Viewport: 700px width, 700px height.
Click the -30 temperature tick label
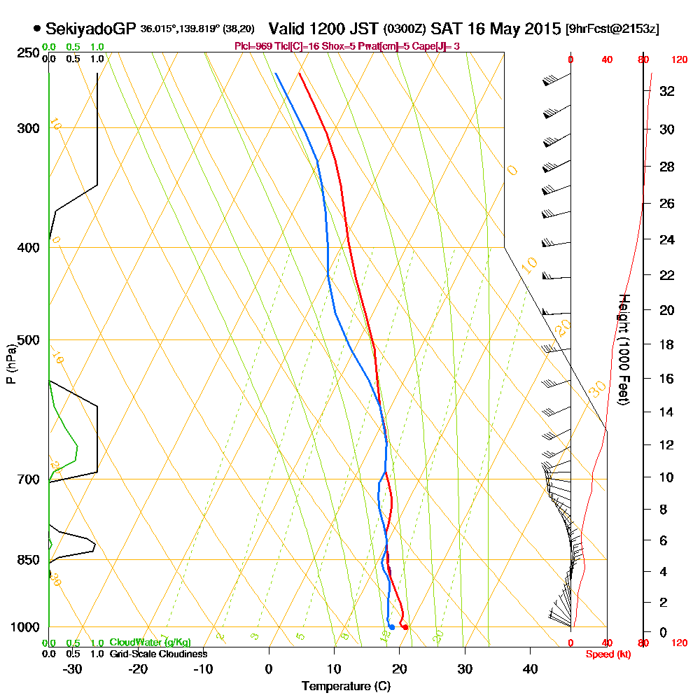coord(73,668)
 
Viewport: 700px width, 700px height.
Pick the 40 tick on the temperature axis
coord(530,668)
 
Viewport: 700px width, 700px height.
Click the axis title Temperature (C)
coord(346,687)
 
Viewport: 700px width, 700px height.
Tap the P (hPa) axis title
coord(10,364)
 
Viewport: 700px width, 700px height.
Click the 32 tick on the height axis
coord(666,91)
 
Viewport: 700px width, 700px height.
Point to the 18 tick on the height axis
coord(666,344)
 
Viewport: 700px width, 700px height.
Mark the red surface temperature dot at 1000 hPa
coord(405,627)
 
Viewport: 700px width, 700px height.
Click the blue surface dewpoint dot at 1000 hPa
coord(391,627)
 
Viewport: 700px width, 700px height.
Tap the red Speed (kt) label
coord(606,654)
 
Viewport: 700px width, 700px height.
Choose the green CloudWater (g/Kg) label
coord(150,643)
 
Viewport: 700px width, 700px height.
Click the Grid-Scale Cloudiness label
coord(158,654)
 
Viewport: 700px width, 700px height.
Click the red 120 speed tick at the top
coord(678,60)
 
